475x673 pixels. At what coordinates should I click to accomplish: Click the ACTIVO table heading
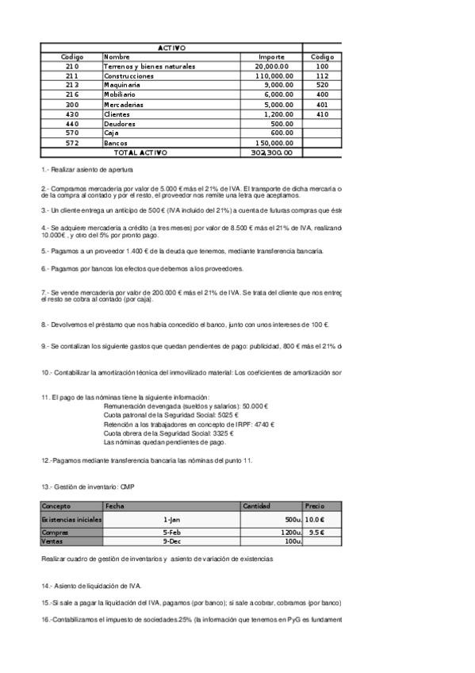click(x=172, y=48)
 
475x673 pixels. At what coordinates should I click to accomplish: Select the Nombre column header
click(x=117, y=57)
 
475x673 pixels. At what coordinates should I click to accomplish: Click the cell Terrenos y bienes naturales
click(x=150, y=67)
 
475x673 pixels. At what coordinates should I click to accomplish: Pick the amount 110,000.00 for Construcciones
click(x=271, y=76)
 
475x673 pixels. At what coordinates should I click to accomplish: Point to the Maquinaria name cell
click(x=122, y=86)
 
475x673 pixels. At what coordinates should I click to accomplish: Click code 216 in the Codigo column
click(x=72, y=95)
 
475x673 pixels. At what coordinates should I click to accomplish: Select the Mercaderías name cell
click(x=125, y=105)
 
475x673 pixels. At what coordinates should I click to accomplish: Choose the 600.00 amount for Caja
click(x=281, y=133)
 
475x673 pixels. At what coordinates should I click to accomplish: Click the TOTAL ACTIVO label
click(x=141, y=152)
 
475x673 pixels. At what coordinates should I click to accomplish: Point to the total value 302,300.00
click(x=271, y=152)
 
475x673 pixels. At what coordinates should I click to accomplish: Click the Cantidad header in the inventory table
click(x=257, y=506)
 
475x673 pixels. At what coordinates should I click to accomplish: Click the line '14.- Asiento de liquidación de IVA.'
click(x=91, y=586)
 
